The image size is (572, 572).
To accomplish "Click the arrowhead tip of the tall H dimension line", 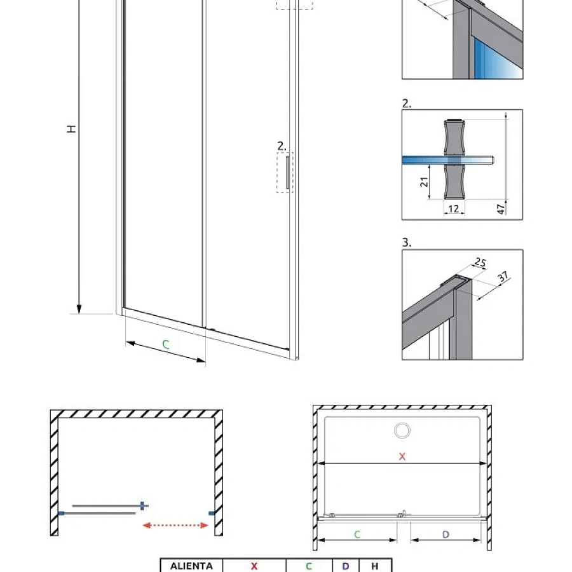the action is click(x=79, y=313).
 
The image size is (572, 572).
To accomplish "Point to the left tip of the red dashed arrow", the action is click(x=142, y=526).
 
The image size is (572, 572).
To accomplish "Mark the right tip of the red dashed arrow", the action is click(x=208, y=526).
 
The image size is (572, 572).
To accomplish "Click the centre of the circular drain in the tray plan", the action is click(x=402, y=430).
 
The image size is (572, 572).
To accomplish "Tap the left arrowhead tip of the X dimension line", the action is click(x=318, y=464).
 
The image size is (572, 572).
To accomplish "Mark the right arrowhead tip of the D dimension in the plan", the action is click(x=481, y=540).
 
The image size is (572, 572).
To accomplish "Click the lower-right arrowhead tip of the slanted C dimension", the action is click(x=205, y=362).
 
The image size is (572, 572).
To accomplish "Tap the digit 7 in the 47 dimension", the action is click(x=501, y=207).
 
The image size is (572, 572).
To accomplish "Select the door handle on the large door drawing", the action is click(x=287, y=172).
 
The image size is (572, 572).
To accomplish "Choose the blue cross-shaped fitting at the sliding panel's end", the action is click(x=144, y=506).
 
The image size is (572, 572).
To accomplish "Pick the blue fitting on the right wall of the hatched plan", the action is click(x=212, y=514).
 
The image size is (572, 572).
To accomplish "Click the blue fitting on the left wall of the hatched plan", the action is click(x=61, y=514).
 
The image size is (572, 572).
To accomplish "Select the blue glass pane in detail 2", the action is click(x=448, y=160).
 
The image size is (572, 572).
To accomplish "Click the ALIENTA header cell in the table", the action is click(x=191, y=566).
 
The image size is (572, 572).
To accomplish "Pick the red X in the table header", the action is click(x=254, y=566).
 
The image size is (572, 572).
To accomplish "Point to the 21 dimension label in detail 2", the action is click(x=424, y=182).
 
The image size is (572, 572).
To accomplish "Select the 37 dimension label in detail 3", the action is click(x=503, y=276).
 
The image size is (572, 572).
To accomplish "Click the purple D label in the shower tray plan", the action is click(x=446, y=535).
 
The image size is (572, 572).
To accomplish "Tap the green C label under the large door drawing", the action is click(x=166, y=344).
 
